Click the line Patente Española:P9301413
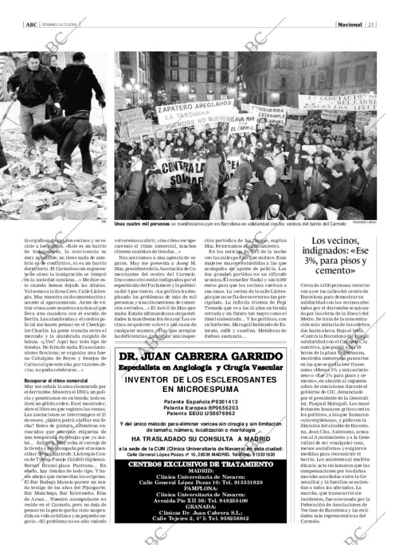[199, 401]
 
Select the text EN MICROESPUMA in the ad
[199, 389]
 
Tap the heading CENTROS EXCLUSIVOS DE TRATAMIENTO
[199, 464]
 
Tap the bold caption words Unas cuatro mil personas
[142, 223]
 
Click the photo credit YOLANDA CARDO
[364, 222]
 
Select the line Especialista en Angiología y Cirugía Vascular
[199, 367]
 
